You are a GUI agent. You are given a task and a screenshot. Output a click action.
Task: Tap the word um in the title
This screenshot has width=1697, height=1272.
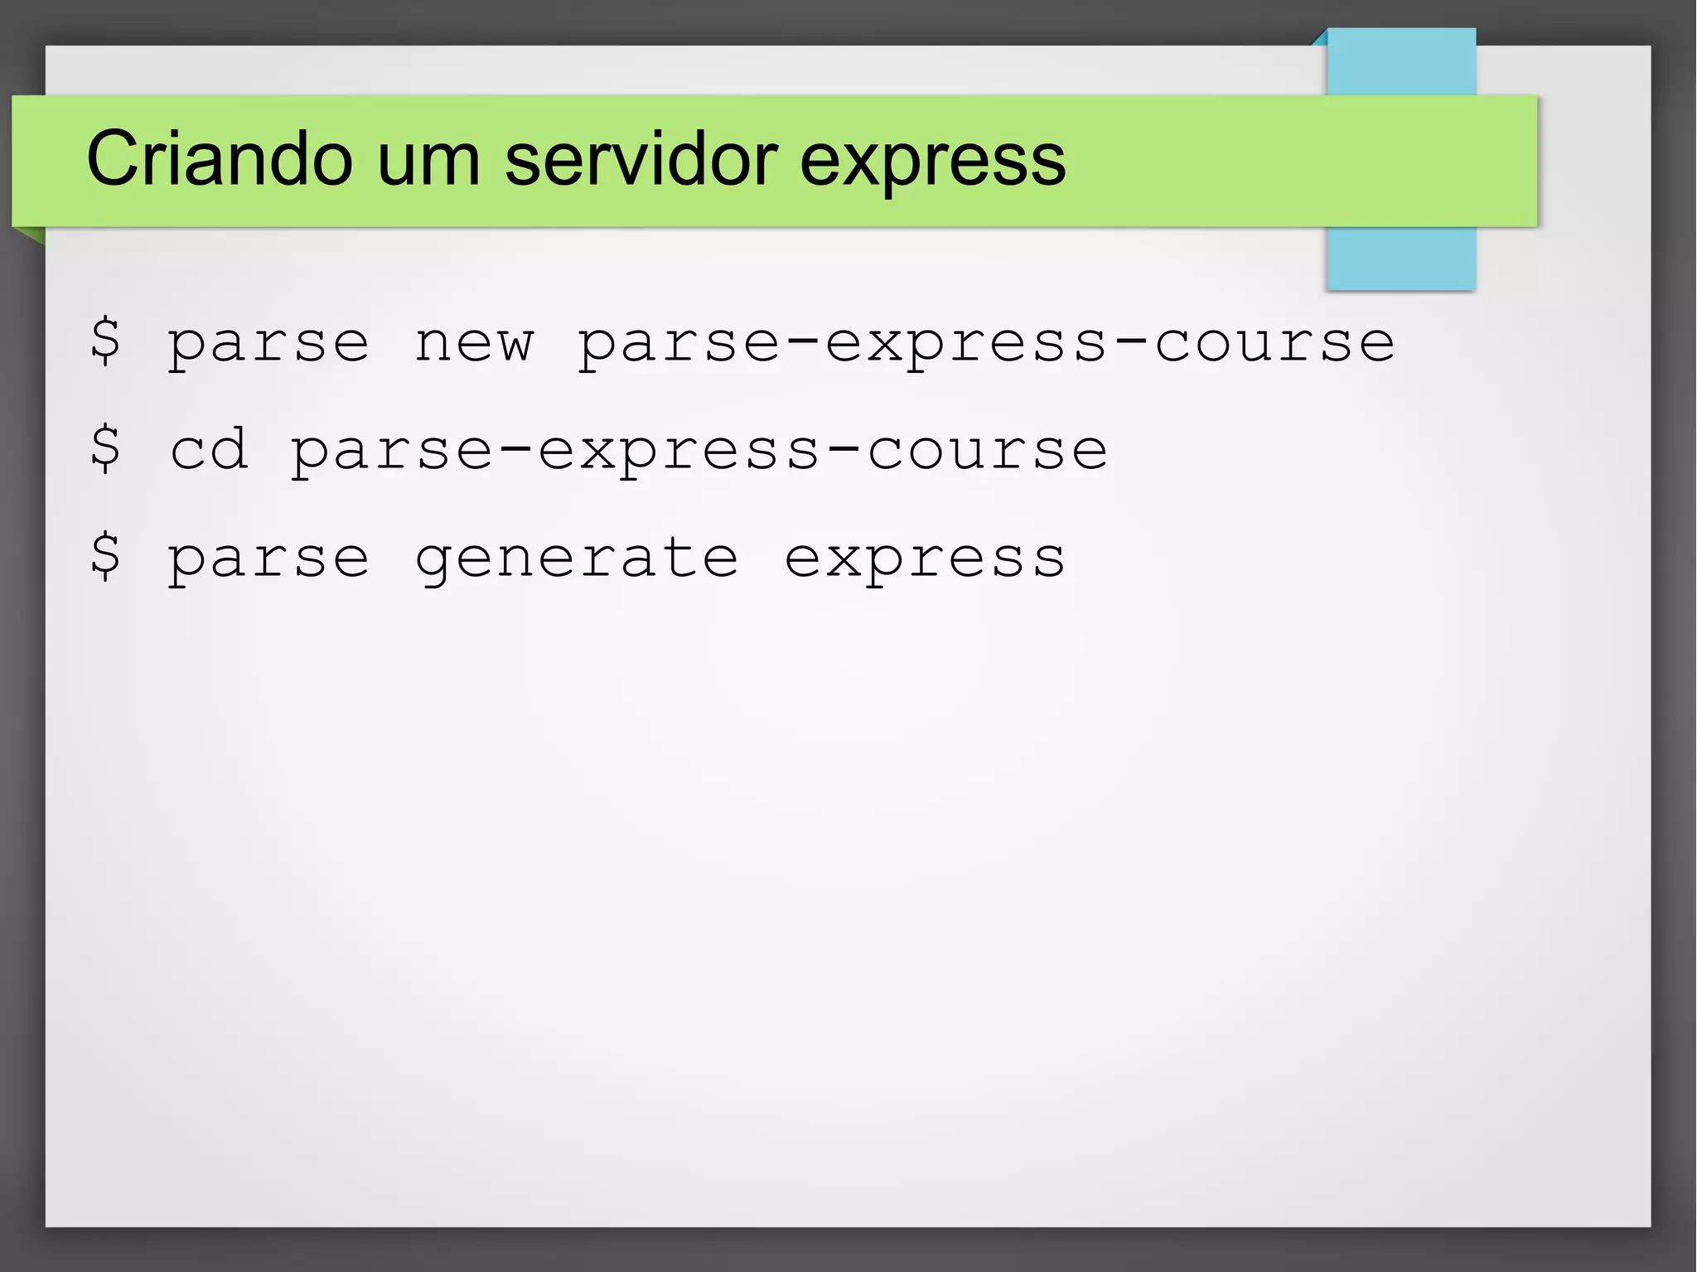(428, 158)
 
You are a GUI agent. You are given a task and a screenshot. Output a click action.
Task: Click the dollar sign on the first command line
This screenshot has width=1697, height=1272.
(105, 341)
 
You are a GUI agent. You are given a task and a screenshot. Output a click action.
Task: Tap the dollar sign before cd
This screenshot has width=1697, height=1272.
(105, 448)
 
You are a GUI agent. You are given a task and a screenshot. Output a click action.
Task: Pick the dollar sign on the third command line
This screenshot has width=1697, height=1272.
(105, 556)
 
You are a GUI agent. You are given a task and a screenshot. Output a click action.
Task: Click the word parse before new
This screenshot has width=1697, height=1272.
(268, 344)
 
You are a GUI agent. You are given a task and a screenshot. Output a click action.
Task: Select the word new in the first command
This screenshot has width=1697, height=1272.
(474, 344)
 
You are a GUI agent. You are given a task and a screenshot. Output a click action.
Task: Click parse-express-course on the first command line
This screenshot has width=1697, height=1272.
(986, 344)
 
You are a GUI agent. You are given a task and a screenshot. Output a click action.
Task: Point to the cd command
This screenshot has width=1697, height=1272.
(209, 449)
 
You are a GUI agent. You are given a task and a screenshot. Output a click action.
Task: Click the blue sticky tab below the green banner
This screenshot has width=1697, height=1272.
(1400, 259)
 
